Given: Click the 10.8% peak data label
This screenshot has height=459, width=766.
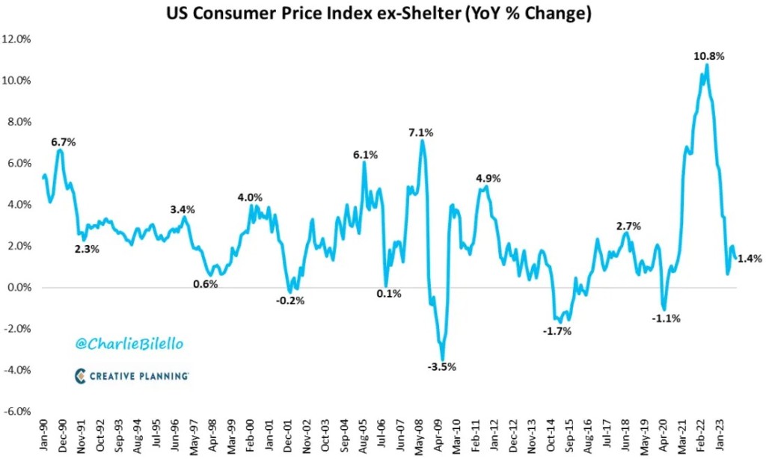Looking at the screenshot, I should pos(708,56).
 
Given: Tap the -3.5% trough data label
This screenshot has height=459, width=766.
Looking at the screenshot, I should pos(441,367).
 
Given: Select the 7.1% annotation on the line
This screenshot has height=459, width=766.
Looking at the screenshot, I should pos(420,132).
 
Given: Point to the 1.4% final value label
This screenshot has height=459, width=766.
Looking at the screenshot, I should pos(750,259).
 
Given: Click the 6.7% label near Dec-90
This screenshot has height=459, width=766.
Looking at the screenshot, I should pos(63,142).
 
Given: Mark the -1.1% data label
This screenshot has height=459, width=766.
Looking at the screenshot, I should pos(666,318).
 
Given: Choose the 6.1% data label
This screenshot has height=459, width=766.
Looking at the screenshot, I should pos(366,155).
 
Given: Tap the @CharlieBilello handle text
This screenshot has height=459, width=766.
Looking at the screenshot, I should pos(129,344).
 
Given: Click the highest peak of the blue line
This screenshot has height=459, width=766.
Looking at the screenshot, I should pos(707,65).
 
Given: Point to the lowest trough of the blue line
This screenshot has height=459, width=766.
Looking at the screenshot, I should pos(442,360).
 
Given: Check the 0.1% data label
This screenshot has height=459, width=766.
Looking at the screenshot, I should pos(388,294).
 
